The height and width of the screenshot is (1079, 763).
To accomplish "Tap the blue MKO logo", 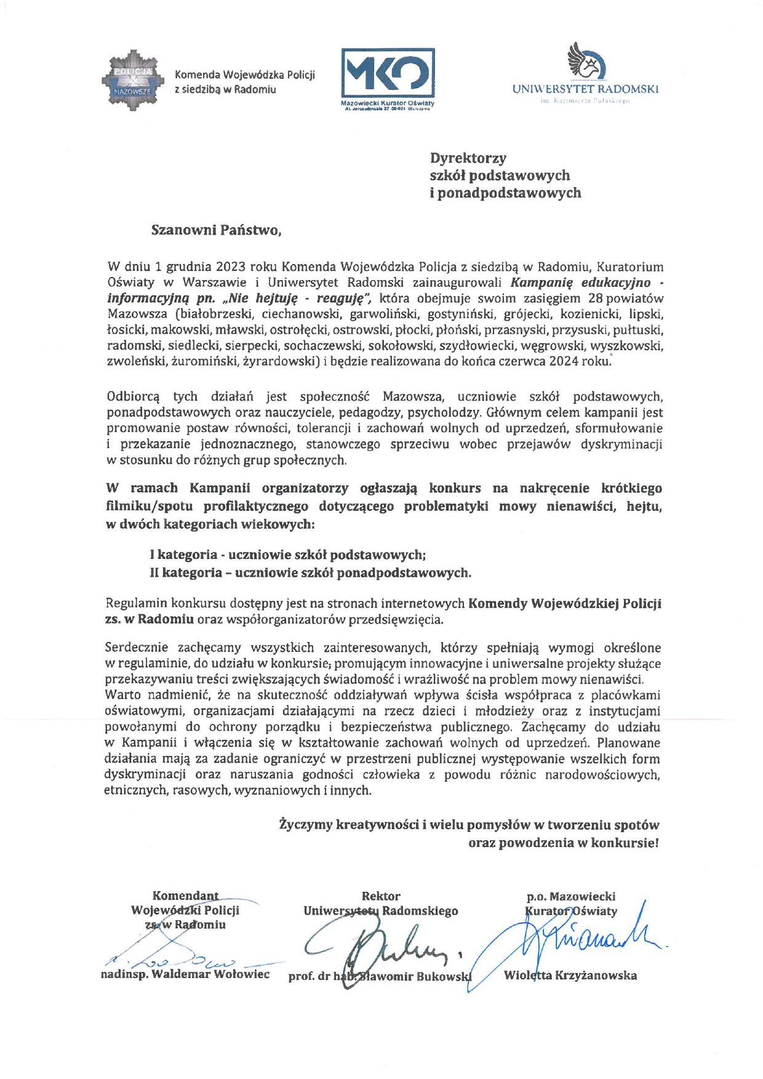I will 388,73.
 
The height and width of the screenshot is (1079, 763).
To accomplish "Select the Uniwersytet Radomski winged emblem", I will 585,61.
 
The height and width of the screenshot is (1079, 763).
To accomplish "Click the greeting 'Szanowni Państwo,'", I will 216,230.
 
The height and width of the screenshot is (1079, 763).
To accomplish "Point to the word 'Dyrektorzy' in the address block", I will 468,158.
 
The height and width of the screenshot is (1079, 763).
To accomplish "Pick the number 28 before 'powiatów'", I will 594,299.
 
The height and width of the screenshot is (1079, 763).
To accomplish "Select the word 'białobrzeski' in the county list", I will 216,315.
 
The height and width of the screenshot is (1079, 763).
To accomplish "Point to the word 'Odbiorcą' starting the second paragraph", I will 133,396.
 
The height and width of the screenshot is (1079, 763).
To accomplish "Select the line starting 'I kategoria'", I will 287,555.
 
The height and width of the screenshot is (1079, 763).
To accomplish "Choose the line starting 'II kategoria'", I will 310,573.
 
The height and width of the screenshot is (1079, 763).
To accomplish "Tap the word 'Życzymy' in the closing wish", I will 305,825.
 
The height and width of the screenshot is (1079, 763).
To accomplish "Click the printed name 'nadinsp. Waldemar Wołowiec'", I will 185,974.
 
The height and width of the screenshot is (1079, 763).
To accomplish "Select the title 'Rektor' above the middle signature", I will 381,896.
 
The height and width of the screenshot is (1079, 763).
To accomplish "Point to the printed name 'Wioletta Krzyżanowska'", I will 570,976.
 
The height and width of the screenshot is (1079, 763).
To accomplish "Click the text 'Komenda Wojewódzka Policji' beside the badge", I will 245,75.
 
